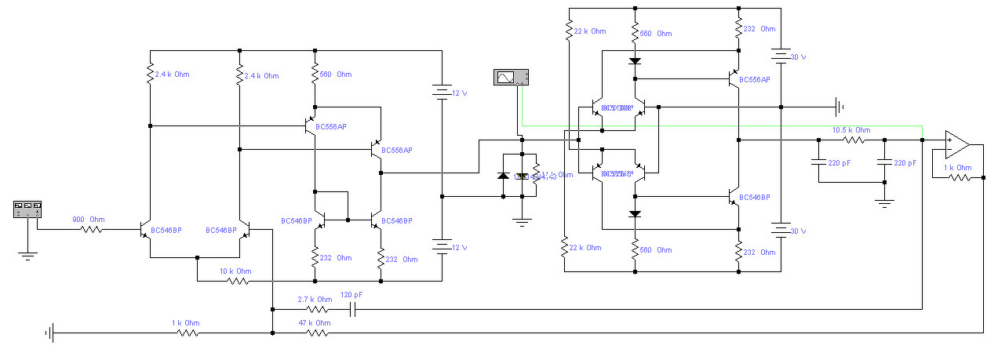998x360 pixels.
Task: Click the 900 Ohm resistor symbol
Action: pyautogui.click(x=92, y=230)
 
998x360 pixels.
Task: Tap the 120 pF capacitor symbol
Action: pyautogui.click(x=352, y=309)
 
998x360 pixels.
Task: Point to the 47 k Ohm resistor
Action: pyautogui.click(x=317, y=333)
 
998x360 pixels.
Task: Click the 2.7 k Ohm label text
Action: pyautogui.click(x=315, y=300)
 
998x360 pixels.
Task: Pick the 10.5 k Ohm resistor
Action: pyautogui.click(x=853, y=140)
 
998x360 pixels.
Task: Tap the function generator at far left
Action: pyautogui.click(x=27, y=209)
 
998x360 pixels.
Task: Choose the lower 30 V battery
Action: pyautogui.click(x=781, y=231)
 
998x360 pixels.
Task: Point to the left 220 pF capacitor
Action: pyautogui.click(x=818, y=162)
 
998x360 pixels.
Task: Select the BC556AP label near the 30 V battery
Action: pyautogui.click(x=754, y=80)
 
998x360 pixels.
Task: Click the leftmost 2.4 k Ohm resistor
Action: pyautogui.click(x=149, y=75)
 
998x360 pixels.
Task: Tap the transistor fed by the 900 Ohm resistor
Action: pyautogui.click(x=144, y=231)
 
